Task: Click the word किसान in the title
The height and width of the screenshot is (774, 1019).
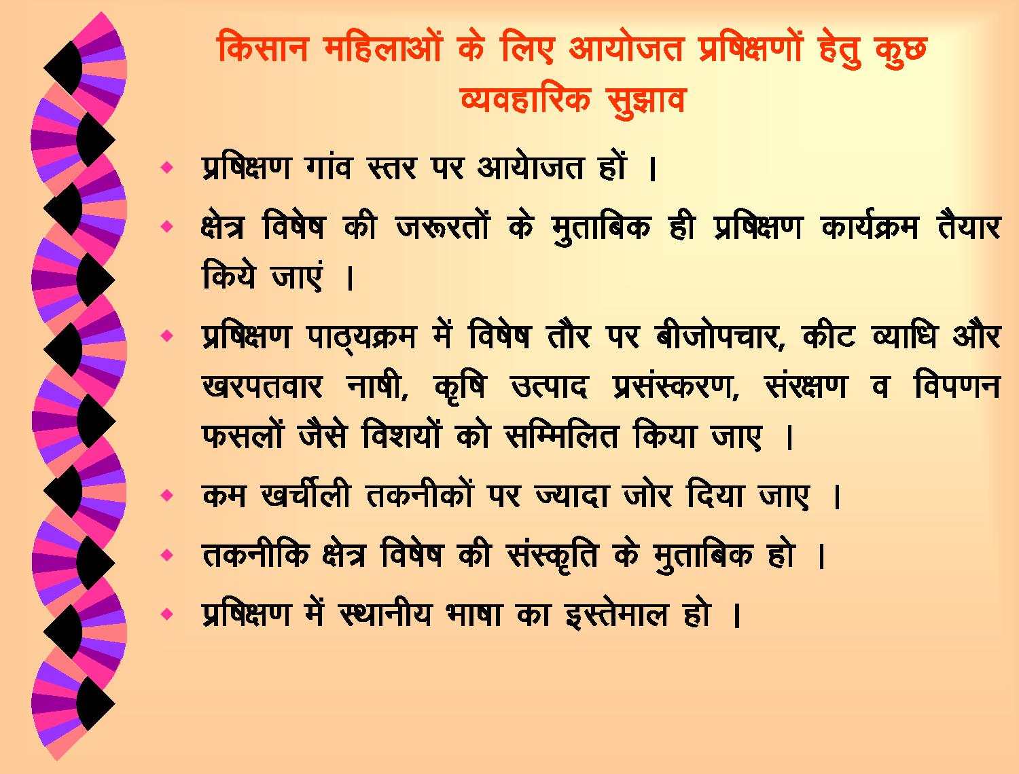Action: click(262, 48)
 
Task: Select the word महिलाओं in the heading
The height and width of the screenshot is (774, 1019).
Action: click(383, 46)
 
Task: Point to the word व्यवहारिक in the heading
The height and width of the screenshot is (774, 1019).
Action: click(525, 98)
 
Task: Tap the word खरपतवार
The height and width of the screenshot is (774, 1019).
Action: click(262, 386)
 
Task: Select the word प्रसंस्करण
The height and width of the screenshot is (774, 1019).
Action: click(676, 386)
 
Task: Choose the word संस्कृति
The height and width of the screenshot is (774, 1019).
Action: click(552, 555)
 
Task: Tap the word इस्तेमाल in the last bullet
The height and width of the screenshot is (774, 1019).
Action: click(617, 614)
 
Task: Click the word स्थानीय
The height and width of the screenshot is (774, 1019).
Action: click(385, 614)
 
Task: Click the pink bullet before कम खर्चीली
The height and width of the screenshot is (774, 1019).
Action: click(166, 495)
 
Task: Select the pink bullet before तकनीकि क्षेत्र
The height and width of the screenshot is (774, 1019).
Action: click(166, 555)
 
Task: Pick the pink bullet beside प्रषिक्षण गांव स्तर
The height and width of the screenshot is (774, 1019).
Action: click(166, 167)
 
